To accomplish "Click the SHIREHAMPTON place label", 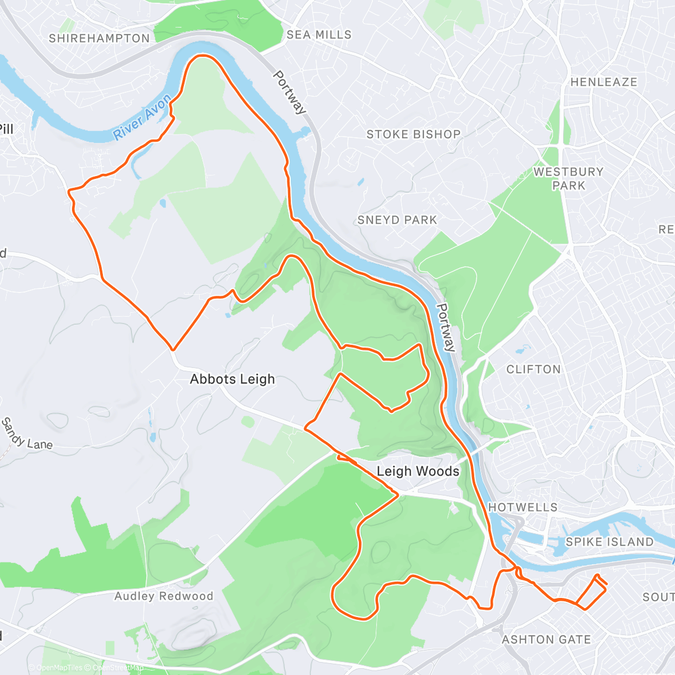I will pyautogui.click(x=100, y=39).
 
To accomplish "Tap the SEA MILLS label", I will pyautogui.click(x=319, y=35).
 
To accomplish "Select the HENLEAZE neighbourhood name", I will pyautogui.click(x=604, y=82).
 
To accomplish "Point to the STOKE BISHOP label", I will pyautogui.click(x=413, y=134).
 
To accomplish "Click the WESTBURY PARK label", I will pyautogui.click(x=568, y=179).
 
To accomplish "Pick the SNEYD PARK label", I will pyautogui.click(x=397, y=220).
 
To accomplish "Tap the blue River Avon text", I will pyautogui.click(x=142, y=118).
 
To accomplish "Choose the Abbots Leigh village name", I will pyautogui.click(x=232, y=379).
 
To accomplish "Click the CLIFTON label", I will pyautogui.click(x=533, y=370).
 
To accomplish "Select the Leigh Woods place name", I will pyautogui.click(x=418, y=471).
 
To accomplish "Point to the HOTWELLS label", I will pyautogui.click(x=523, y=507).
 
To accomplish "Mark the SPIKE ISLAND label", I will pyautogui.click(x=609, y=542).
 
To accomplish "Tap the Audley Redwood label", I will pyautogui.click(x=164, y=596).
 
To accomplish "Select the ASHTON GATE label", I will pyautogui.click(x=546, y=640).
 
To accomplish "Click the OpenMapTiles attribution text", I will pyautogui.click(x=59, y=668).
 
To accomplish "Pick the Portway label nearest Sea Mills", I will pyautogui.click(x=290, y=92).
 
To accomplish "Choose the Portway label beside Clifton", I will pyautogui.click(x=445, y=327).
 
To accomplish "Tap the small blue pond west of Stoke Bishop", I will pyautogui.click(x=360, y=182).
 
